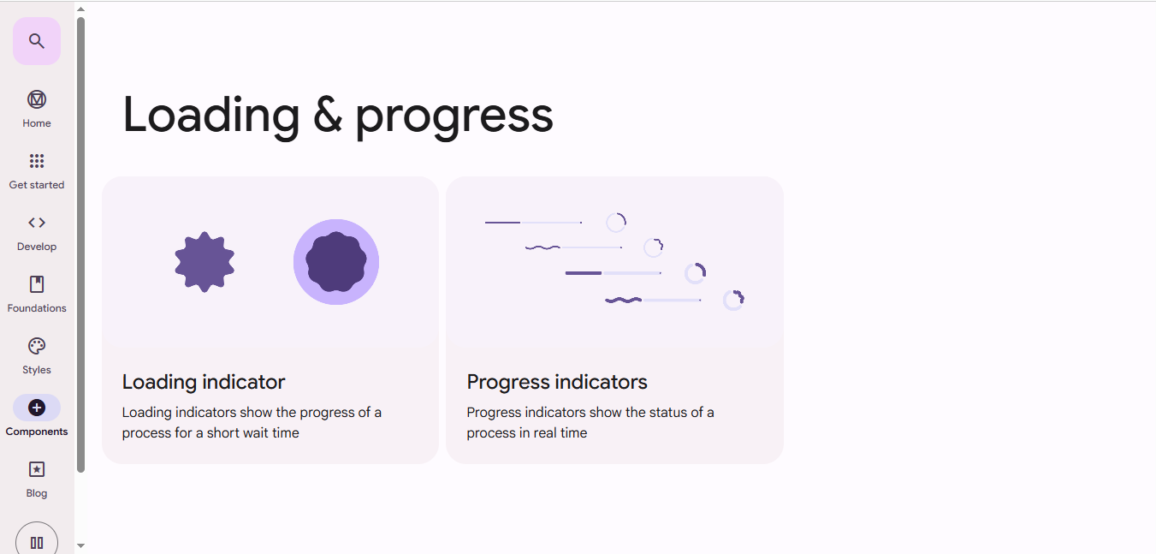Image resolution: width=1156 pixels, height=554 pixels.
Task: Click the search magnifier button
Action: [36, 41]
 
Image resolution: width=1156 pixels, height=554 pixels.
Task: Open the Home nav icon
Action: [37, 99]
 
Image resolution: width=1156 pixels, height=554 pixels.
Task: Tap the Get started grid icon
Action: [37, 161]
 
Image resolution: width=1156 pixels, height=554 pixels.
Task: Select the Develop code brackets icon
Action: [37, 223]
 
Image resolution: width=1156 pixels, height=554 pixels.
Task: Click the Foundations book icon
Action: [37, 284]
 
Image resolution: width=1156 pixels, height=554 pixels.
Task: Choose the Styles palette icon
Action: [37, 346]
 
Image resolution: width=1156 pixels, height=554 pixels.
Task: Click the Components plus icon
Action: [37, 408]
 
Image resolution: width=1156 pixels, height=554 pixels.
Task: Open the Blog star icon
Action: [37, 469]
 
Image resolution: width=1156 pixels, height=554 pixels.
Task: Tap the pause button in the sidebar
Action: [37, 542]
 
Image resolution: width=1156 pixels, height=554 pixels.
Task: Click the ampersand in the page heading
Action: [328, 115]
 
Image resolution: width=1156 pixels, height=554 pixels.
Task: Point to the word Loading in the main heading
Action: [211, 115]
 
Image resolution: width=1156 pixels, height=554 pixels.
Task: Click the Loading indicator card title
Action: [204, 382]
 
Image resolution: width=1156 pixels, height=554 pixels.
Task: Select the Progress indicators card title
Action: [557, 382]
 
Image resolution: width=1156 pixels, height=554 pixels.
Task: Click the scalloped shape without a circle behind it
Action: [205, 262]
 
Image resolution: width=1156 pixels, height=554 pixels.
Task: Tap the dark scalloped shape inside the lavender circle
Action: [336, 262]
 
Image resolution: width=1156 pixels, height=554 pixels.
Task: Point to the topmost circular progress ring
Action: [616, 223]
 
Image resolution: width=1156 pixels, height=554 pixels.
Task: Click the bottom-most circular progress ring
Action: [733, 300]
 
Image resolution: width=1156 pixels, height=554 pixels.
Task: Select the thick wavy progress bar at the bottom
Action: [623, 300]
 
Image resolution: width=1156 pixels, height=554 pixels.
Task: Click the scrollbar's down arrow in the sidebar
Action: [80, 545]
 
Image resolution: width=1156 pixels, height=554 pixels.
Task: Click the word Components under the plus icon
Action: [37, 432]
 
